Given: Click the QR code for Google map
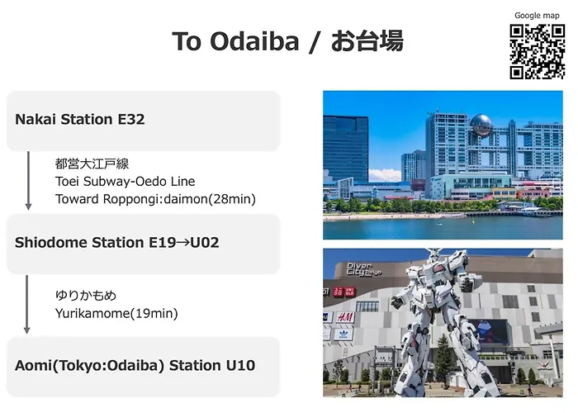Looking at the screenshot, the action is pyautogui.click(x=537, y=51).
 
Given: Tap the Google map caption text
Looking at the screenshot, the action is pyautogui.click(x=537, y=16).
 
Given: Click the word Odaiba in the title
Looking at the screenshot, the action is pyautogui.click(x=254, y=41).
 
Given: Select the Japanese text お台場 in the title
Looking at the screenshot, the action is pyautogui.click(x=367, y=41).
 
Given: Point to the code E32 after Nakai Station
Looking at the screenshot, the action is pyautogui.click(x=131, y=119).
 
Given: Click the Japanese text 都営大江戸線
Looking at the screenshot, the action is pyautogui.click(x=92, y=164).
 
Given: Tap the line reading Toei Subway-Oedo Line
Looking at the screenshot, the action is pyautogui.click(x=125, y=182).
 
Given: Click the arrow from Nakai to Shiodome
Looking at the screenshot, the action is pyautogui.click(x=28, y=181).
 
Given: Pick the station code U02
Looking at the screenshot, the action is pyautogui.click(x=205, y=242).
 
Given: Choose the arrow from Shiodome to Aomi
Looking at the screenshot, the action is pyautogui.click(x=27, y=305).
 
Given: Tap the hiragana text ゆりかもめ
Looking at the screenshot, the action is pyautogui.click(x=86, y=296).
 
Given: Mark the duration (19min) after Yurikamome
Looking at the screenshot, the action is pyautogui.click(x=155, y=313).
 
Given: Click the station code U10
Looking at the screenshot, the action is pyautogui.click(x=240, y=365).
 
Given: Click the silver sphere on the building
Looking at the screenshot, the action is pyautogui.click(x=481, y=126).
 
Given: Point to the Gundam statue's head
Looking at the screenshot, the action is pyautogui.click(x=435, y=254).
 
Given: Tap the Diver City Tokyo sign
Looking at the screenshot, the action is pyautogui.click(x=364, y=269).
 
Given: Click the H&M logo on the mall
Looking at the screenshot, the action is pyautogui.click(x=345, y=317).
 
